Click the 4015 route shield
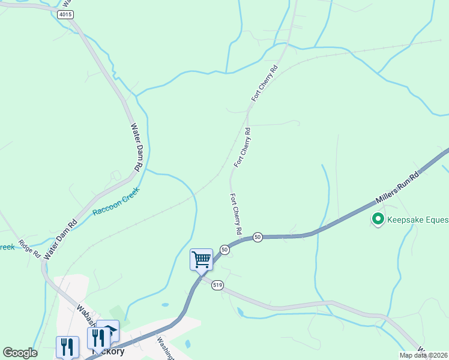pos(66,13)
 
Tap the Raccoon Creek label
pos(116,202)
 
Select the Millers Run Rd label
pos(396,187)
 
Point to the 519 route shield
pos(217,286)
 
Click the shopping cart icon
pos(201,260)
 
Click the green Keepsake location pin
pos(378,220)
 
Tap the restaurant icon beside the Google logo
pos(67,347)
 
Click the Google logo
pos(20,353)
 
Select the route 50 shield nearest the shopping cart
pos(224,249)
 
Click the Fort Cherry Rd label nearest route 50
pos(236,214)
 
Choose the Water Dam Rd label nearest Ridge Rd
pos(60,238)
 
